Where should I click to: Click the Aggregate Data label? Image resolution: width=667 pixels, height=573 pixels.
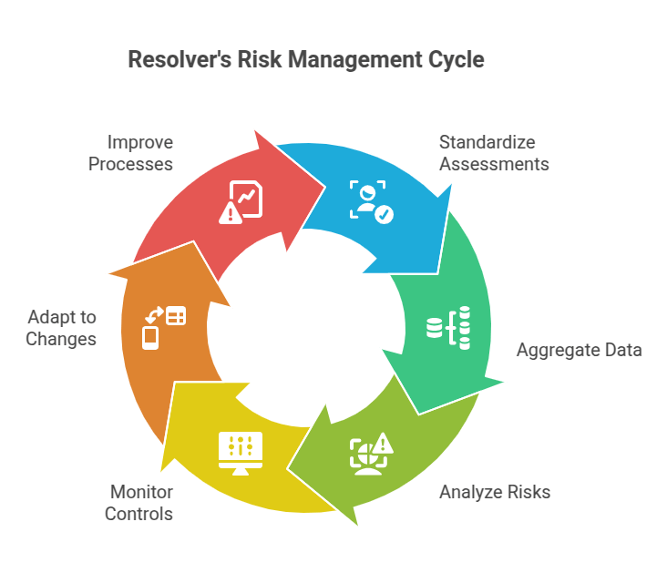pyautogui.click(x=579, y=350)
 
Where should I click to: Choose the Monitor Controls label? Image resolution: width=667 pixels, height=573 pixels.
pyautogui.click(x=139, y=503)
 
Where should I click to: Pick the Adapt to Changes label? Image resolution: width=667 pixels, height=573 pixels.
pyautogui.click(x=61, y=328)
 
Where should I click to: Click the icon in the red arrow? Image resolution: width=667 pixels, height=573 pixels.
pyautogui.click(x=241, y=202)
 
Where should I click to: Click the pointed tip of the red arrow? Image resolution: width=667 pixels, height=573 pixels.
pyautogui.click(x=325, y=189)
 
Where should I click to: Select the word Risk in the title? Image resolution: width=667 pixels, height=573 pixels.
pyautogui.click(x=258, y=60)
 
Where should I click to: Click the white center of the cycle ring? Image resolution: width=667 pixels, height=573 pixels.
pyautogui.click(x=306, y=328)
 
